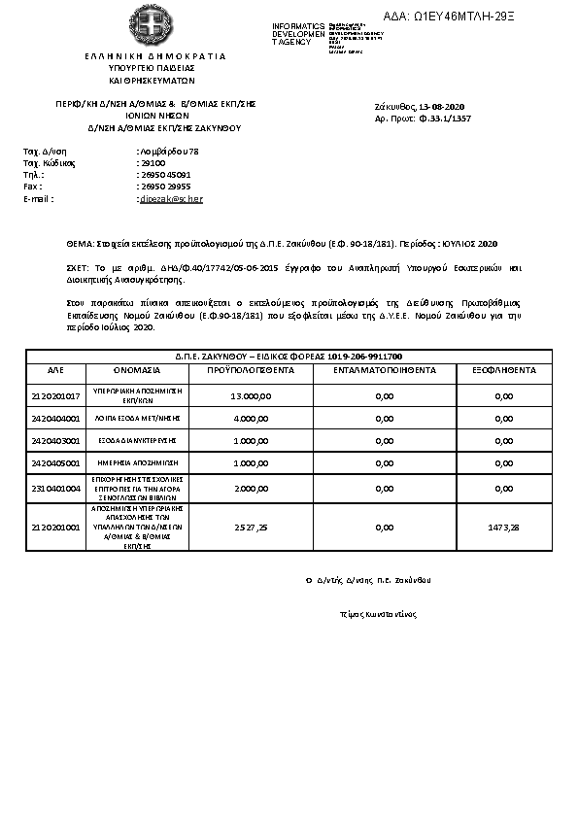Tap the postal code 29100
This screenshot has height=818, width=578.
pyautogui.click(x=152, y=163)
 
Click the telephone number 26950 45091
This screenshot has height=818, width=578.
pyautogui.click(x=164, y=175)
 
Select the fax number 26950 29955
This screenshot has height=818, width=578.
pyautogui.click(x=164, y=187)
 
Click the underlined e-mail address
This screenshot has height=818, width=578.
pyautogui.click(x=171, y=198)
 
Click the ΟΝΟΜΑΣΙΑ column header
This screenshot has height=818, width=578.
pyautogui.click(x=141, y=370)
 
